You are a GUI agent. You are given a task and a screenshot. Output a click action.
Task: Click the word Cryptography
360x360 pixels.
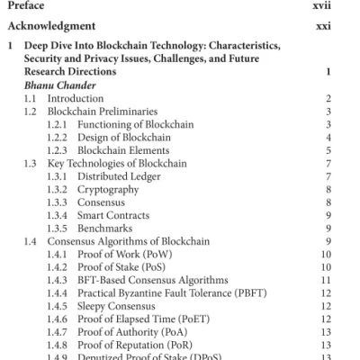[106, 191]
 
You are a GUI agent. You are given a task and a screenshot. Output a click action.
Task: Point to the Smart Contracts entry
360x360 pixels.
[112, 217]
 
